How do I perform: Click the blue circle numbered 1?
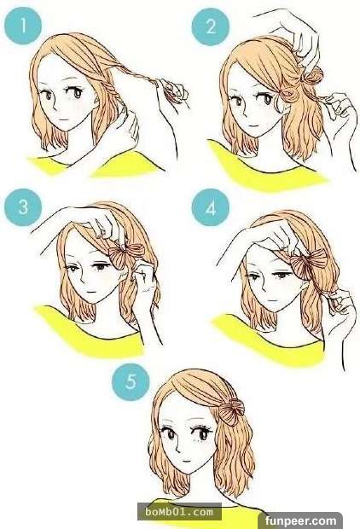pyautogui.click(x=23, y=26)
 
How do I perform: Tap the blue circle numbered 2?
pyautogui.click(x=211, y=26)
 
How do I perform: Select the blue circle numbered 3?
pyautogui.click(x=23, y=206)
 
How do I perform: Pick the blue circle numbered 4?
pyautogui.click(x=211, y=207)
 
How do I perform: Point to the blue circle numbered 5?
pyautogui.click(x=131, y=381)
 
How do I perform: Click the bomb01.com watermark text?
pyautogui.click(x=179, y=512)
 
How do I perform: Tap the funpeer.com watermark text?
pyautogui.click(x=300, y=521)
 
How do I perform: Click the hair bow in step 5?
pyautogui.click(x=232, y=411)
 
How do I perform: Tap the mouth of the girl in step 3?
pyautogui.click(x=90, y=291)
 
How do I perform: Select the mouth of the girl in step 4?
pyautogui.click(x=272, y=299)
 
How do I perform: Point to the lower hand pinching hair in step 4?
pyautogui.click(x=339, y=305)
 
